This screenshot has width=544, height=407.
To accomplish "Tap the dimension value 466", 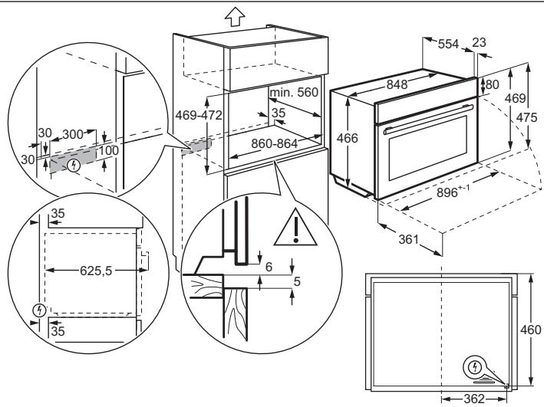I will pyautogui.click(x=349, y=138).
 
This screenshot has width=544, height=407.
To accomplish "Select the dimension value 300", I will pyautogui.click(x=73, y=133).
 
